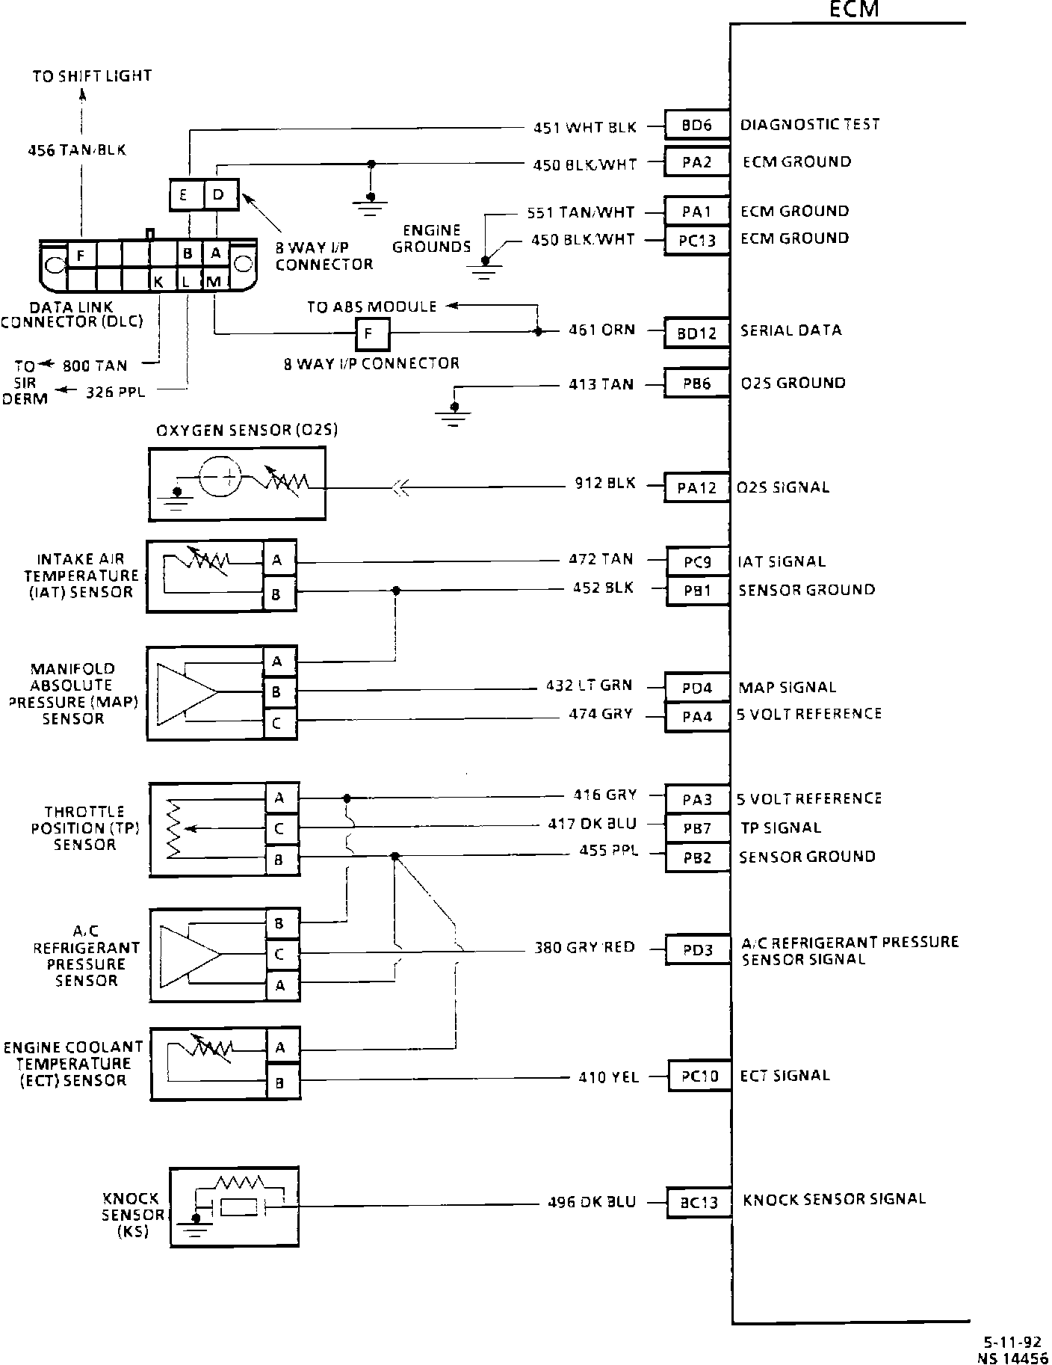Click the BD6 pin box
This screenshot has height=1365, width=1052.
(696, 125)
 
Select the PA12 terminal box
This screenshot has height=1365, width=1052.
(696, 488)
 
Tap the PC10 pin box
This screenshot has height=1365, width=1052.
(699, 1076)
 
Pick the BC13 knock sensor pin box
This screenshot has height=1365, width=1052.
(699, 1202)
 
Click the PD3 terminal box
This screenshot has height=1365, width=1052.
(698, 950)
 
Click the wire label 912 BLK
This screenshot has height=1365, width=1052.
(605, 484)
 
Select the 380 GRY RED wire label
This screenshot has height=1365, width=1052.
(584, 947)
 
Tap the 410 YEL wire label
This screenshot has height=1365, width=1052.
(608, 1077)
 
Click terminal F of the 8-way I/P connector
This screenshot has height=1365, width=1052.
(371, 334)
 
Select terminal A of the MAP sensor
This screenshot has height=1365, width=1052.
(277, 661)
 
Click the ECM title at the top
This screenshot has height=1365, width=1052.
(853, 10)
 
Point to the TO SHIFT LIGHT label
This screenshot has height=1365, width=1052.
(92, 76)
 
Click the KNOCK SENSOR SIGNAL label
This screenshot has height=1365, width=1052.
(834, 1199)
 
